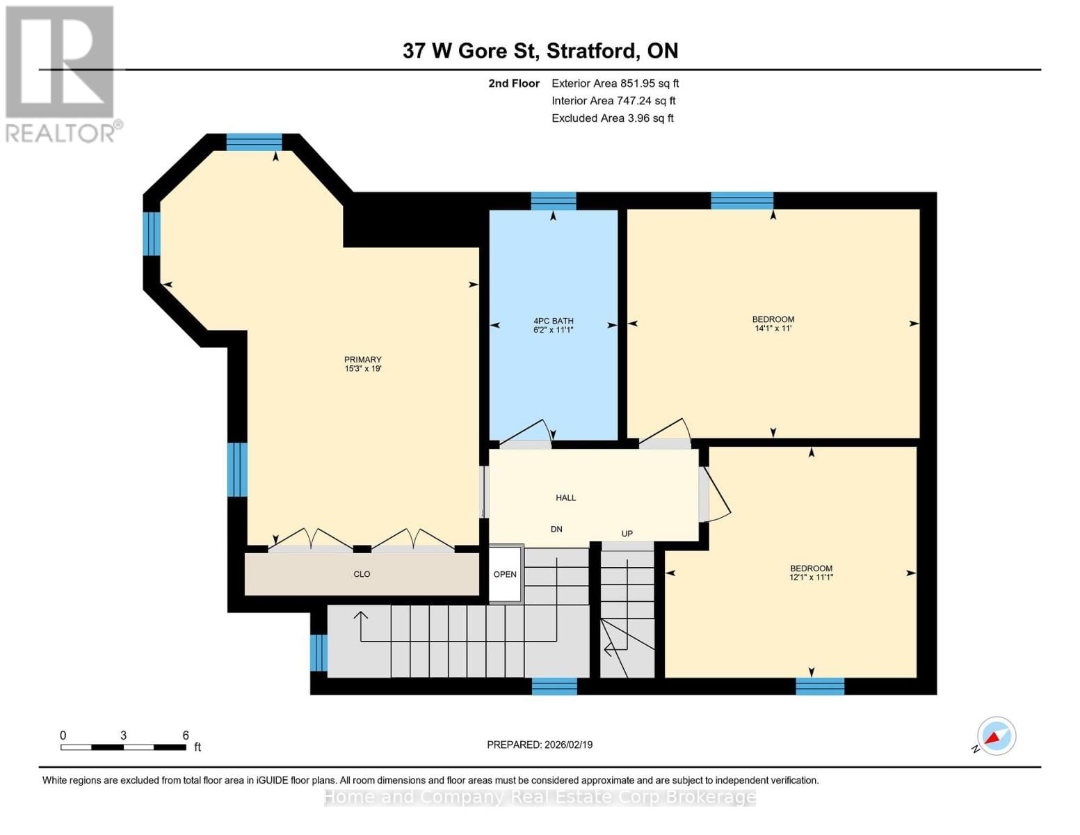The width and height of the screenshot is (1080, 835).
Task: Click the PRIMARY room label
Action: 362,360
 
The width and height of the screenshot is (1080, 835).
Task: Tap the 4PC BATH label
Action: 553,321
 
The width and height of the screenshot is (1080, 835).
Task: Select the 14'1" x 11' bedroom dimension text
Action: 773,328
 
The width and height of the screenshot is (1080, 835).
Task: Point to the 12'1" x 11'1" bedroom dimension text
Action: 811,578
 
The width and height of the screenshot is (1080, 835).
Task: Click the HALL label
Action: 565,498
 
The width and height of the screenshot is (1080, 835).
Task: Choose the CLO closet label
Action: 362,574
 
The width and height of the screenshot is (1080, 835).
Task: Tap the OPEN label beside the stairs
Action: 505,574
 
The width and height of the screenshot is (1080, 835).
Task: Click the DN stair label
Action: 556,530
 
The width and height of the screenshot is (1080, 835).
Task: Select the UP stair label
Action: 627,534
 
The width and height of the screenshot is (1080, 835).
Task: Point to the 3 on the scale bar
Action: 123,735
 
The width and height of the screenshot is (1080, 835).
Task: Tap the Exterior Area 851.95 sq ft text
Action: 615,83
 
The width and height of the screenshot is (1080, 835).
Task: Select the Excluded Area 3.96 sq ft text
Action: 612,118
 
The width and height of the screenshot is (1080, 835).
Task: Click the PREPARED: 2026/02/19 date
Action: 540,745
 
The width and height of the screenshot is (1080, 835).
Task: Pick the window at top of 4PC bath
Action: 554,201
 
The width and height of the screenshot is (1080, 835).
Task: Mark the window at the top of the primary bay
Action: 254,142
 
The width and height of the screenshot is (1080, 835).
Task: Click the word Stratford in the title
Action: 592,51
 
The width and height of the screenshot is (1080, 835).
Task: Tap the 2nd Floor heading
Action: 514,83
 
